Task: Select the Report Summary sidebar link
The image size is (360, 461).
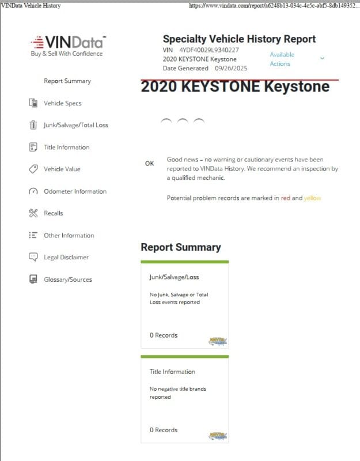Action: coord(67,81)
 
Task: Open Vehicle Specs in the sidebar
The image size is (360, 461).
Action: coord(63,103)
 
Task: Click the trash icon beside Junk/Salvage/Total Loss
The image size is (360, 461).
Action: coord(33,125)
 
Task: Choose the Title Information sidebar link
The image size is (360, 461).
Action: coord(67,148)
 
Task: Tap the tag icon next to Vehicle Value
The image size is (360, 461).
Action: coord(33,169)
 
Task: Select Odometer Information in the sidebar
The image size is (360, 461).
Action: coord(75,191)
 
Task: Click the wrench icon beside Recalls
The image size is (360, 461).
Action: coord(33,213)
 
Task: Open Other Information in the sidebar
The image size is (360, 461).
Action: coord(69,236)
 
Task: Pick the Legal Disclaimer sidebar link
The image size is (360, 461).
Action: coord(66,258)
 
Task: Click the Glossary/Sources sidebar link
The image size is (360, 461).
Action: coord(67,280)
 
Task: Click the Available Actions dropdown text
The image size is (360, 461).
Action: coord(282,59)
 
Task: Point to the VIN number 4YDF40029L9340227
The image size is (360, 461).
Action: coord(209,50)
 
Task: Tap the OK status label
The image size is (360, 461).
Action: coord(150,164)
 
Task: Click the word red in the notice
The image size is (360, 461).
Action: coord(286,198)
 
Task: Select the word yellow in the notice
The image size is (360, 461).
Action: coord(313,198)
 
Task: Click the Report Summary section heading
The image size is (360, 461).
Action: coord(181,247)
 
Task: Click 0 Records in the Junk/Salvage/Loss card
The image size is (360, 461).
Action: coord(164,335)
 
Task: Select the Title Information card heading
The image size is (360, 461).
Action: coord(173,372)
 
